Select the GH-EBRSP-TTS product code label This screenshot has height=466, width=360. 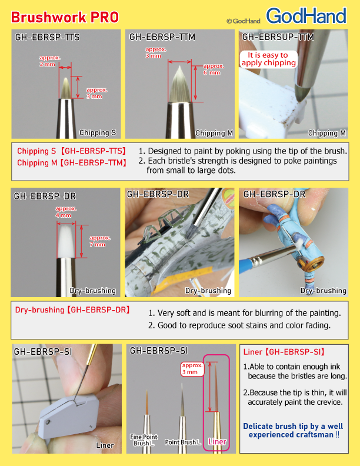[x=47, y=38]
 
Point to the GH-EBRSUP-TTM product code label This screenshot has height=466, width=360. [x=278, y=38]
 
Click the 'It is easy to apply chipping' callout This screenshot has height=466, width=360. [x=268, y=58]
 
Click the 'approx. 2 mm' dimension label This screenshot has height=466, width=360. [x=48, y=61]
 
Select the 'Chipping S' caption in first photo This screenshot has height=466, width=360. [x=98, y=133]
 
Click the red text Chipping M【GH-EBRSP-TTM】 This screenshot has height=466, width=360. [x=71, y=162]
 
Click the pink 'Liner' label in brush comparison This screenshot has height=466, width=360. [x=218, y=441]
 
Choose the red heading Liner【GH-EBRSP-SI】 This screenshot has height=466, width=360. [x=284, y=352]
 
